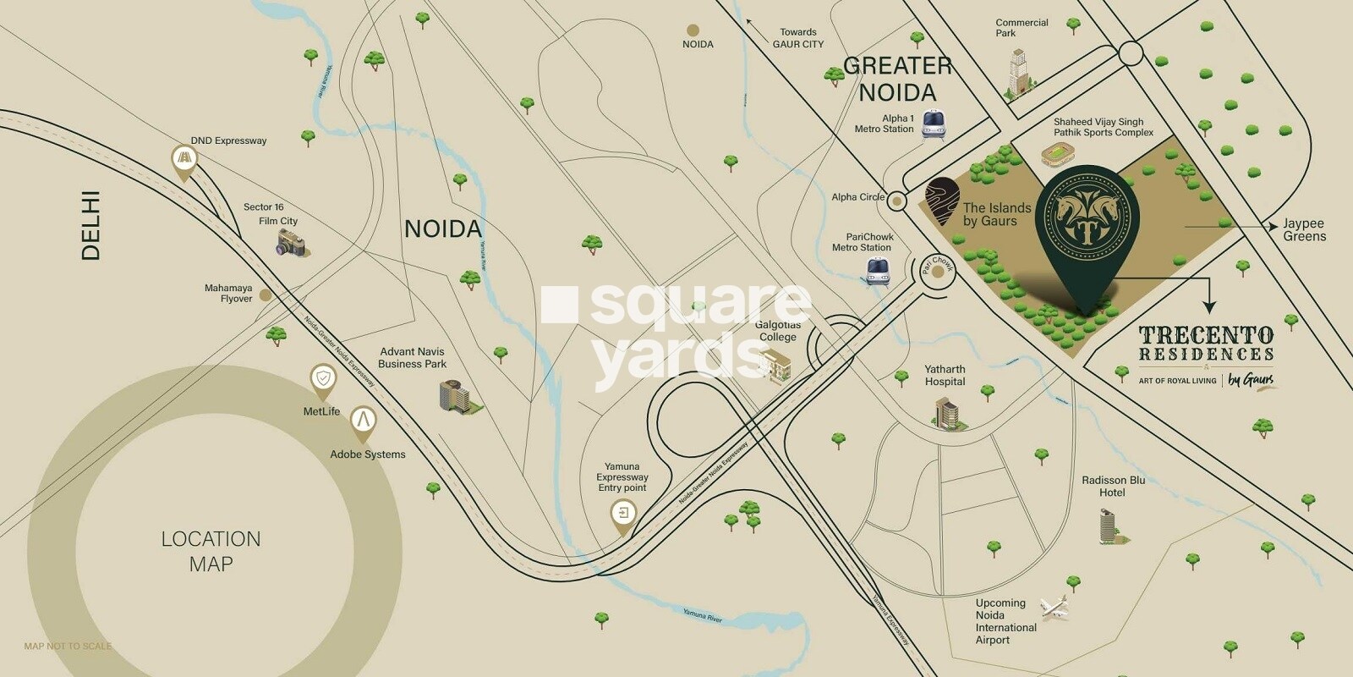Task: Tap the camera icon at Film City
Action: [x=293, y=244]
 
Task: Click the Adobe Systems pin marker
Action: [x=363, y=422]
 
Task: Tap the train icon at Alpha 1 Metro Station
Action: [x=933, y=125]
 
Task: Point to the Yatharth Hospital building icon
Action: [x=947, y=413]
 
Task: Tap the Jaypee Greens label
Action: [x=1304, y=229]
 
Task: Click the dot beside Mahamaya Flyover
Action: [x=266, y=295]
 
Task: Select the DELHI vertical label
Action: [x=90, y=225]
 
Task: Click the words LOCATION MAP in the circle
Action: [x=211, y=551]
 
